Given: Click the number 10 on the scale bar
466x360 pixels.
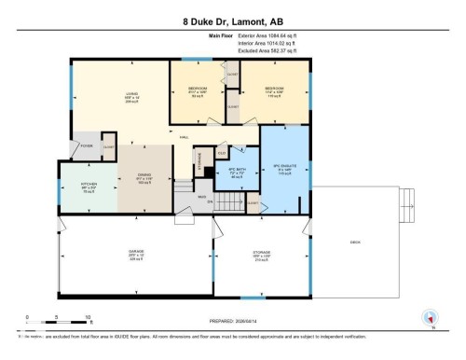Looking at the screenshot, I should (88, 317).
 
